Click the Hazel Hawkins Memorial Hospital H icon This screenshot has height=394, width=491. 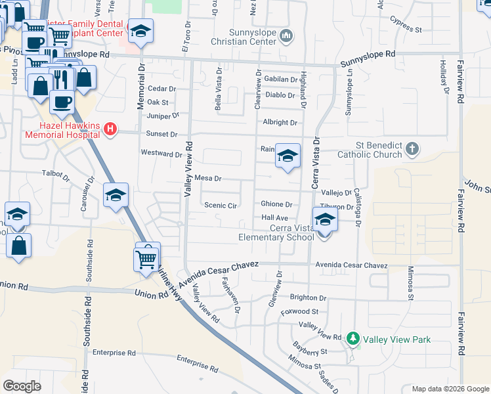click(111, 130)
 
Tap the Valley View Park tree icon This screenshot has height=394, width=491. click(353, 339)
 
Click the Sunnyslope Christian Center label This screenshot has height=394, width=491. click(245, 37)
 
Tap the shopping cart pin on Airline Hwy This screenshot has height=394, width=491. click(147, 257)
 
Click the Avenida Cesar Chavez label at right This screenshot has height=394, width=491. click(351, 265)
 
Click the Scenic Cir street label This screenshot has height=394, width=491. click(220, 205)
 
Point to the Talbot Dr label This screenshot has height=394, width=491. click(55, 175)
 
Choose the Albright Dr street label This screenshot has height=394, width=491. click(280, 122)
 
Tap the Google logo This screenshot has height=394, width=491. click(22, 386)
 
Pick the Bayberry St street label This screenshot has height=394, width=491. click(310, 351)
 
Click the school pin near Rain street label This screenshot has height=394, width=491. click(288, 156)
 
